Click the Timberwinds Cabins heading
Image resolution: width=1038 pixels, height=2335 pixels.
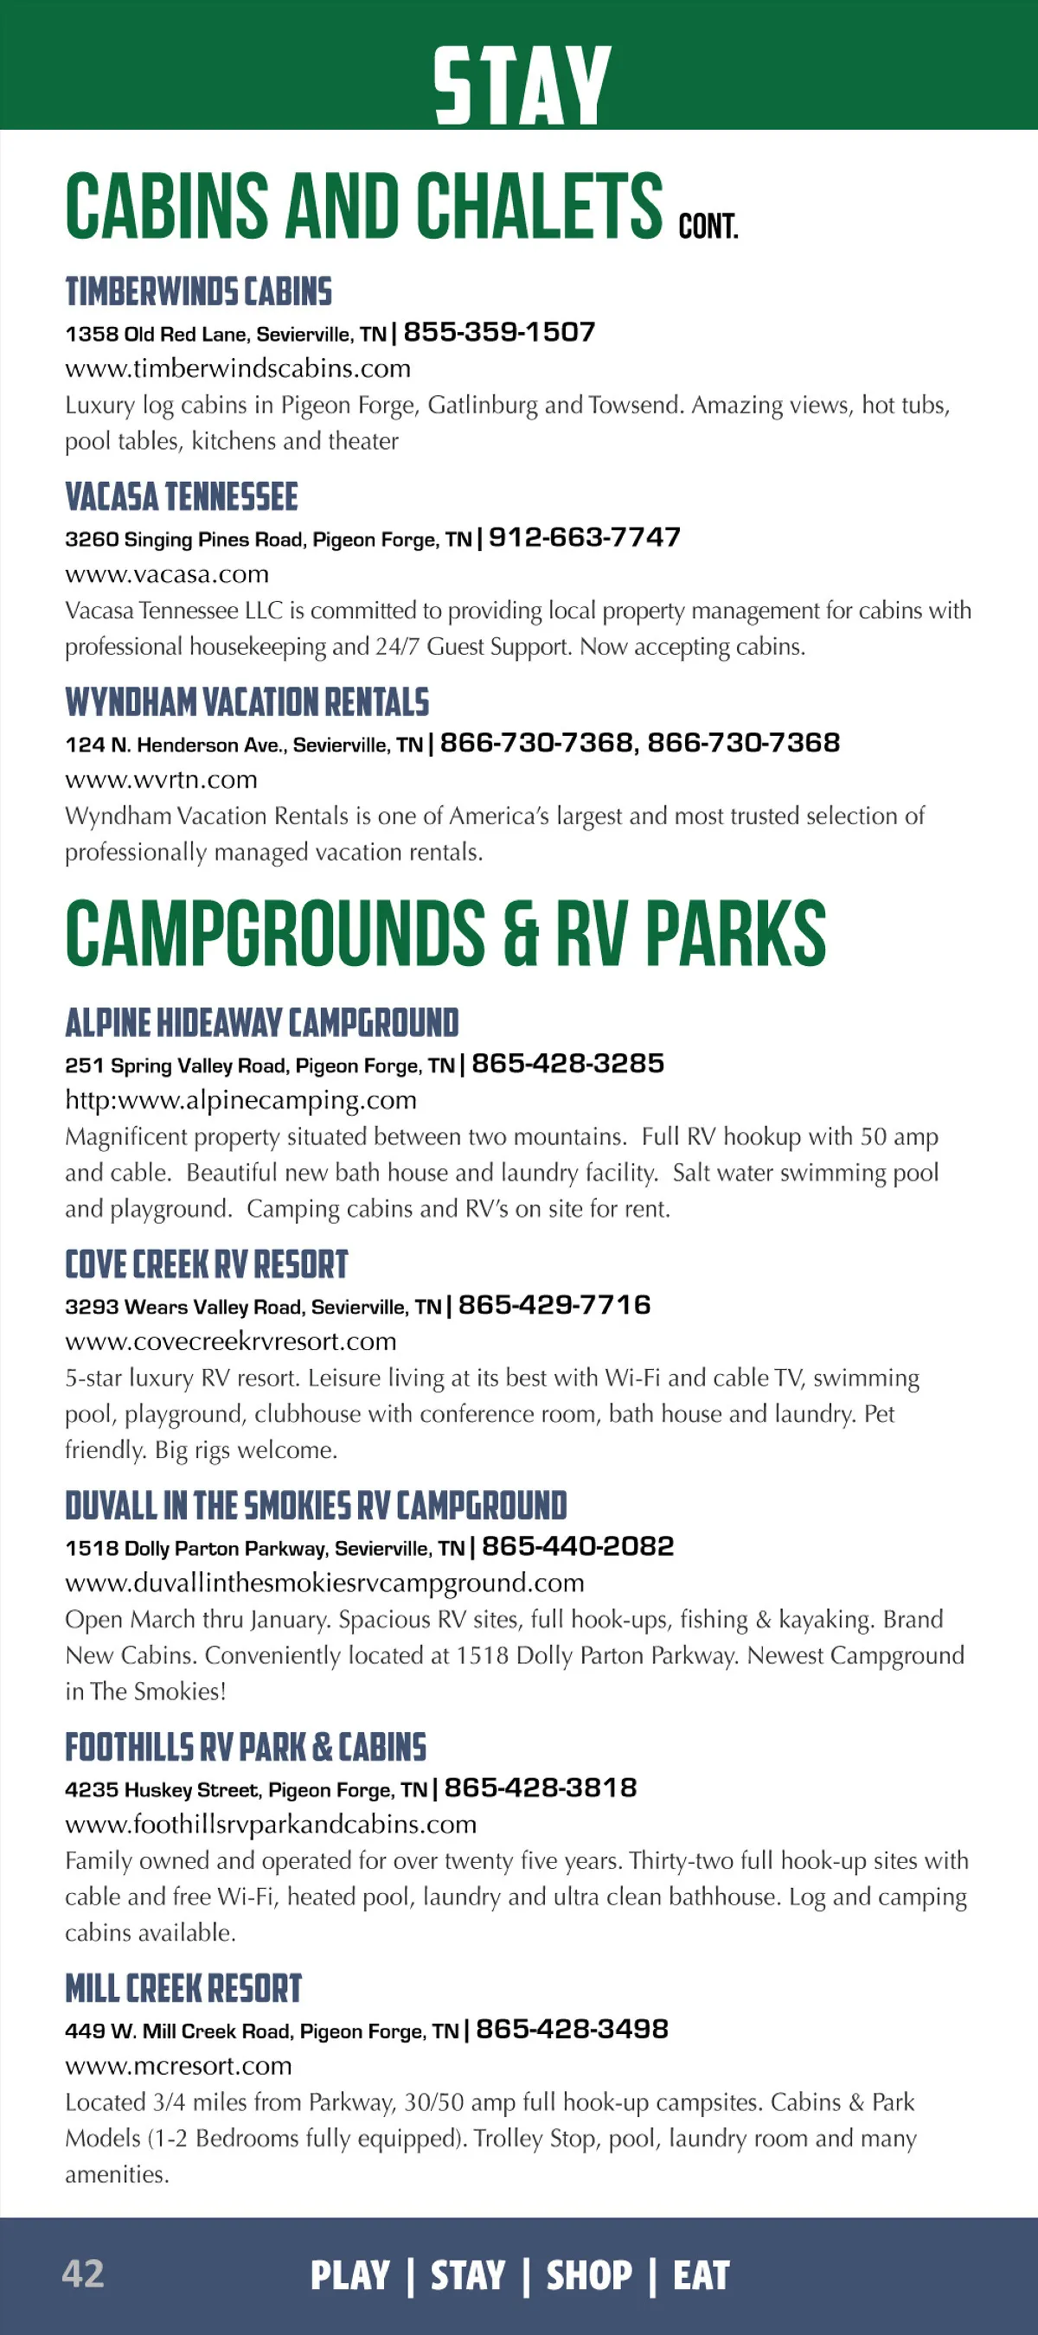click(199, 292)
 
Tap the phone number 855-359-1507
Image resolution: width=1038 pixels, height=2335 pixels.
click(499, 333)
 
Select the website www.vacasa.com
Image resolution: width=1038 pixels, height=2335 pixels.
click(167, 573)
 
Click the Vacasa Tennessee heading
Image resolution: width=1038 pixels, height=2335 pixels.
click(182, 496)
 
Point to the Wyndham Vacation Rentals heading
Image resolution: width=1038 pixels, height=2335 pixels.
click(247, 702)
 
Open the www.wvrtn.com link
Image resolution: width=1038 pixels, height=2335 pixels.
click(162, 779)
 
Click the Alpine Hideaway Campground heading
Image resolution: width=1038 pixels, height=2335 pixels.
click(262, 1022)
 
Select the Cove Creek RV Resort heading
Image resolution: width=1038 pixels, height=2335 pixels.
click(207, 1264)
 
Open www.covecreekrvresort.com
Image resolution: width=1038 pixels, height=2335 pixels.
click(231, 1341)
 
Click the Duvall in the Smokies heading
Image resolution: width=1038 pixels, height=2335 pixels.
click(316, 1506)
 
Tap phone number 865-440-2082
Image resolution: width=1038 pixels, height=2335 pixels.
click(579, 1547)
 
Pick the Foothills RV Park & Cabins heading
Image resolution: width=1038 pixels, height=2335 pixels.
click(246, 1747)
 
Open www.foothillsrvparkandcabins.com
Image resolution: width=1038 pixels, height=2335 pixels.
click(271, 1824)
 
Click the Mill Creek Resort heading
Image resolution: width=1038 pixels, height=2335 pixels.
click(183, 1989)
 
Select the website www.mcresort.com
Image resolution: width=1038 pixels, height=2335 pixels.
click(178, 2066)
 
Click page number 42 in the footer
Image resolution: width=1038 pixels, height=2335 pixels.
click(82, 2274)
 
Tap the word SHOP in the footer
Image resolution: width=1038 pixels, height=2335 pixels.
click(589, 2275)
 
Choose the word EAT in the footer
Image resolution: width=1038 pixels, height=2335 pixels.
click(701, 2275)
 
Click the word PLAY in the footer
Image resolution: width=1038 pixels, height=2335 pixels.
click(350, 2275)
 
